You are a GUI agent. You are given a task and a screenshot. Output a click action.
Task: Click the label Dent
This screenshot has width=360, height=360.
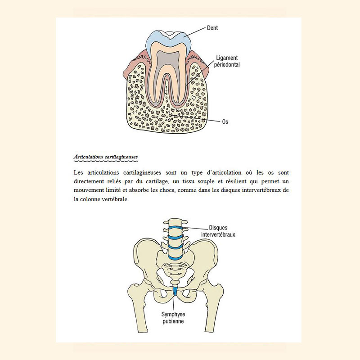212,28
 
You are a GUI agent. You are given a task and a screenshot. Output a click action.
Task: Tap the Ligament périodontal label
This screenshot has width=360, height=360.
227,61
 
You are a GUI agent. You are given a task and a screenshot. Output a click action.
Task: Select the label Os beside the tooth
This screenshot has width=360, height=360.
225,121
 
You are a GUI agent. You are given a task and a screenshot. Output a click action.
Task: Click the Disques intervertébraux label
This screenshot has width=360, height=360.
218,231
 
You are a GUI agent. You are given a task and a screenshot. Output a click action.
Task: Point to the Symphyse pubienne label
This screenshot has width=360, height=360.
173,318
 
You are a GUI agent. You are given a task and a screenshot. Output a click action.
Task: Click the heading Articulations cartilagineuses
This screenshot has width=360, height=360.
106,157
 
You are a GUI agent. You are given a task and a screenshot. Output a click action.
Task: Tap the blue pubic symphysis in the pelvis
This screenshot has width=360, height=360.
175,291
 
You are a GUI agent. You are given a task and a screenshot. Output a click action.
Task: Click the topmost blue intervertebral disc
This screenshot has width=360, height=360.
175,228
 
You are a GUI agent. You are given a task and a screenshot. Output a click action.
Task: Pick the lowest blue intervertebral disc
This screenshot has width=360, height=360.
176,257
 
